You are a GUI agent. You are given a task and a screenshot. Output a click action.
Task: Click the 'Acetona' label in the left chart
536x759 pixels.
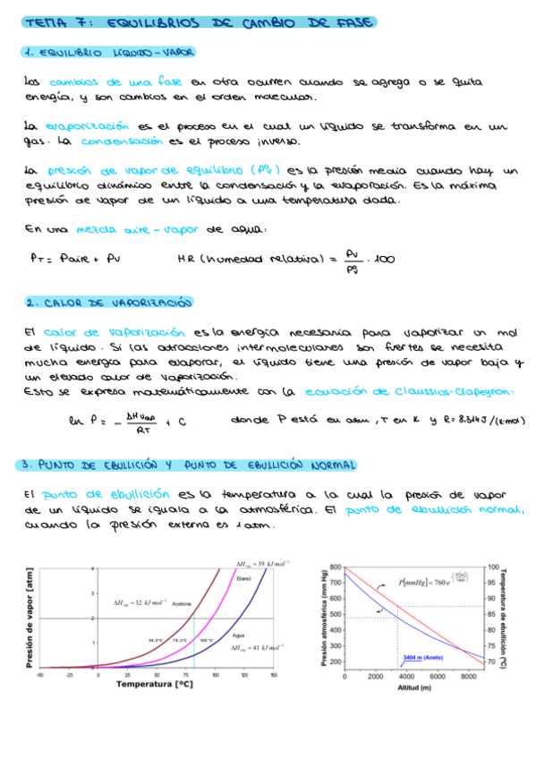point(182,602)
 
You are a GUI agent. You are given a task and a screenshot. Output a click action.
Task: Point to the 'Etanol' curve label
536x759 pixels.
point(244,580)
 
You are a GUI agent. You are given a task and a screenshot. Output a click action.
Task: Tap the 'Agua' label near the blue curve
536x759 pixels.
point(239,635)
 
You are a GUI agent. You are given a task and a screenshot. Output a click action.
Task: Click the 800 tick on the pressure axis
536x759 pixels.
point(336,567)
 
